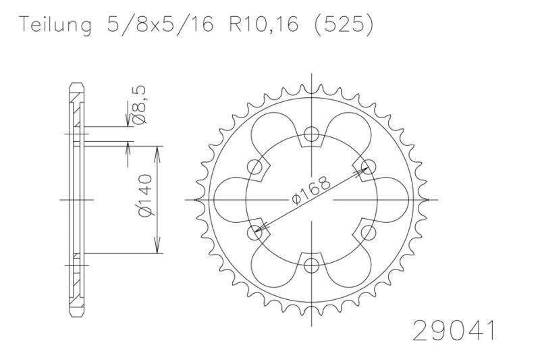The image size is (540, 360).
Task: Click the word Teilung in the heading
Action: click(x=56, y=25)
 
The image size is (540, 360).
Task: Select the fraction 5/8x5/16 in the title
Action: click(x=160, y=24)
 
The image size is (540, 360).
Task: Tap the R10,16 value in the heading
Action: click(x=264, y=24)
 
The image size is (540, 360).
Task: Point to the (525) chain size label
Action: click(x=343, y=25)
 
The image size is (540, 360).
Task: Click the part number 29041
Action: click(x=454, y=331)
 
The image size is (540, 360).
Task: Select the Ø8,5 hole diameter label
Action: click(x=140, y=105)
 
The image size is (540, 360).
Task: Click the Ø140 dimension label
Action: click(x=144, y=196)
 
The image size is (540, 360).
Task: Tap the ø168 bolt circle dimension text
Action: click(x=311, y=190)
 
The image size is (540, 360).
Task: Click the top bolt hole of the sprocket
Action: click(x=312, y=134)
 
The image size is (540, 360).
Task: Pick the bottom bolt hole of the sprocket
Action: click(x=312, y=265)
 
